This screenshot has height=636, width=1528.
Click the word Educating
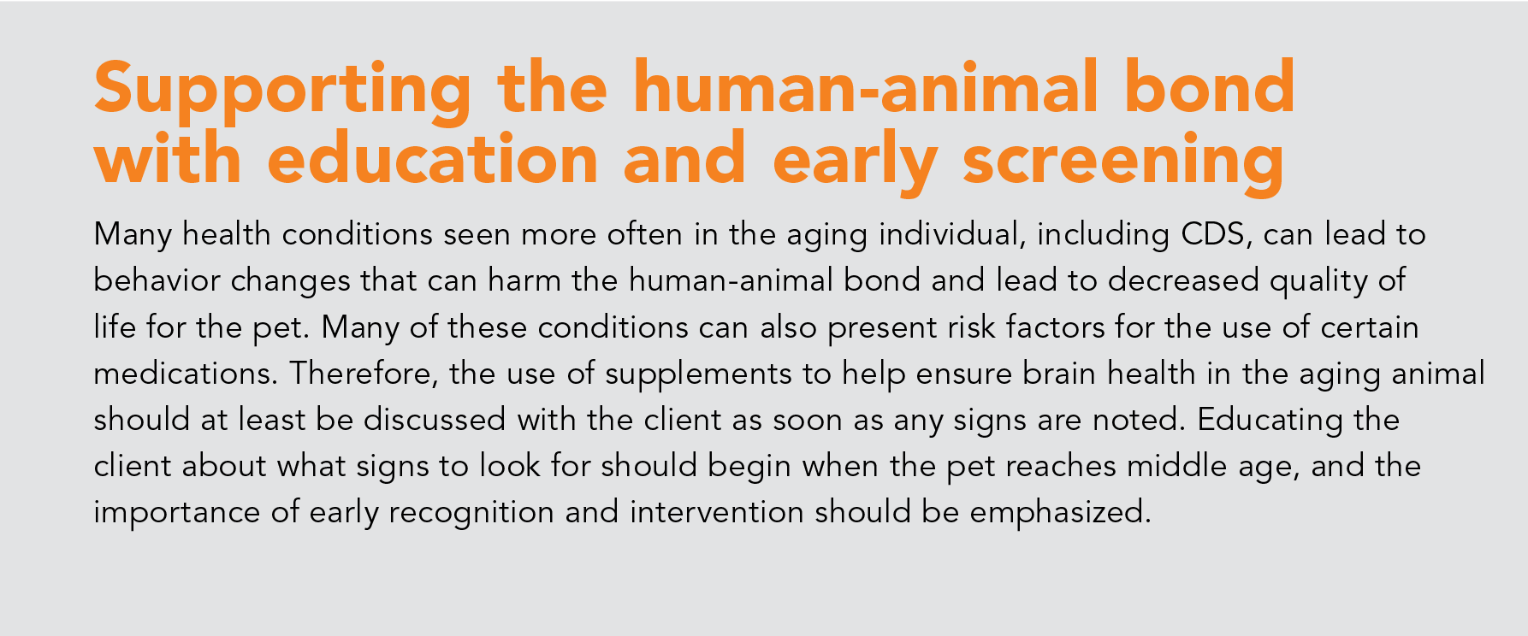click(x=1270, y=421)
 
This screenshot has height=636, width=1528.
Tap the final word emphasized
click(x=1061, y=513)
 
